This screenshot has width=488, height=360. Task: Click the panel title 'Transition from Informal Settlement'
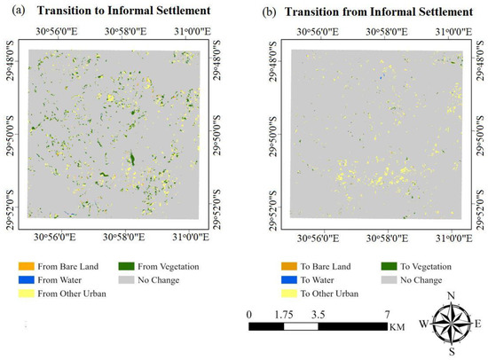point(377,10)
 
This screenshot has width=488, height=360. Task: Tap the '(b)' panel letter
point(263,10)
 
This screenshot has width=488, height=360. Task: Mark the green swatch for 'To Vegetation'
point(384,267)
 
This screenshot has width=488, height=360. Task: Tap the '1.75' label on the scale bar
point(284,314)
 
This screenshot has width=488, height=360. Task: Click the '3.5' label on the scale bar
point(317,314)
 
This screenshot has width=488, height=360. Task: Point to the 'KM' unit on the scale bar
point(397,328)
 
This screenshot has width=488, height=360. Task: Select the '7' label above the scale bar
point(385,314)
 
